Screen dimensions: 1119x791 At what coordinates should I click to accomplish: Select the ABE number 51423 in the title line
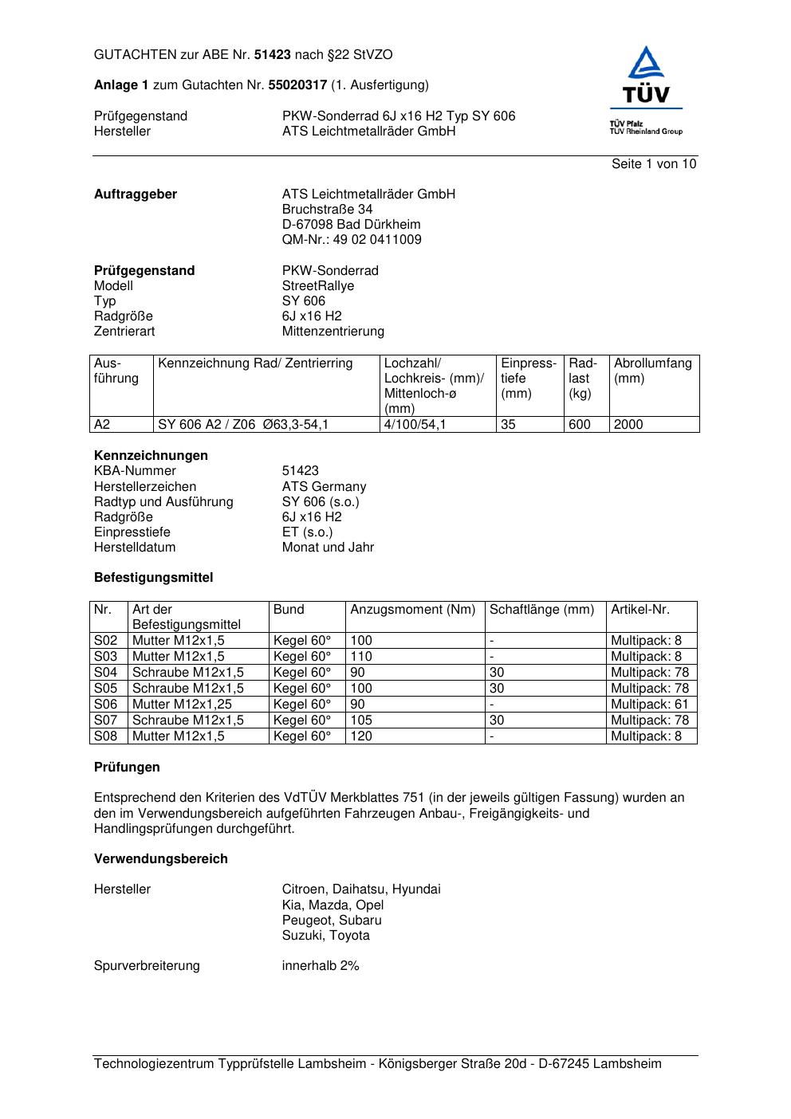(272, 55)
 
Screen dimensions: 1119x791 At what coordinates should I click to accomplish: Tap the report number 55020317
(297, 85)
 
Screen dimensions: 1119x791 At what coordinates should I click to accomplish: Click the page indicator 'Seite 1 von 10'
(654, 164)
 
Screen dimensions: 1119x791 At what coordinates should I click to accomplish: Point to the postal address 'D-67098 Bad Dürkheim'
(351, 225)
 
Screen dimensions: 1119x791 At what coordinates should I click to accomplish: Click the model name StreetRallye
(318, 286)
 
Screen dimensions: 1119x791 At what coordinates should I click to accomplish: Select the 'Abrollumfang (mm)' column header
(653, 371)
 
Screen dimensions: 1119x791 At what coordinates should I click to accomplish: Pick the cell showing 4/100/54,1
(415, 425)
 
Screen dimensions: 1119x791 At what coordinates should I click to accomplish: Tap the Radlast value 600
(580, 425)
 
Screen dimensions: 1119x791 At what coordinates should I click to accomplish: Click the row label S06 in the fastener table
(106, 705)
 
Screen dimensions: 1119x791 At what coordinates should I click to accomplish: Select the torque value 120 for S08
(361, 736)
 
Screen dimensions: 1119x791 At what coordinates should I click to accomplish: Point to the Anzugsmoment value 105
(361, 720)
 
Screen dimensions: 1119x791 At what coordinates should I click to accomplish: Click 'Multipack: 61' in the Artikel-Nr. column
(649, 705)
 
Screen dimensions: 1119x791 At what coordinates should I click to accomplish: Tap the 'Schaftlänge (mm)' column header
(542, 610)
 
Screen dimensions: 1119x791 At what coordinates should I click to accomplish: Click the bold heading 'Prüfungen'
(127, 768)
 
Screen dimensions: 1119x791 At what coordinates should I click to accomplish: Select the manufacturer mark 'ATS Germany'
(324, 487)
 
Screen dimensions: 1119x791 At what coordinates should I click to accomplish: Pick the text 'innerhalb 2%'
(321, 966)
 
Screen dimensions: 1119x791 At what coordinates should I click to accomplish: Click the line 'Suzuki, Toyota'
(325, 936)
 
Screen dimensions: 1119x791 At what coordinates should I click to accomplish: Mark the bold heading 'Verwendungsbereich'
(161, 859)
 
